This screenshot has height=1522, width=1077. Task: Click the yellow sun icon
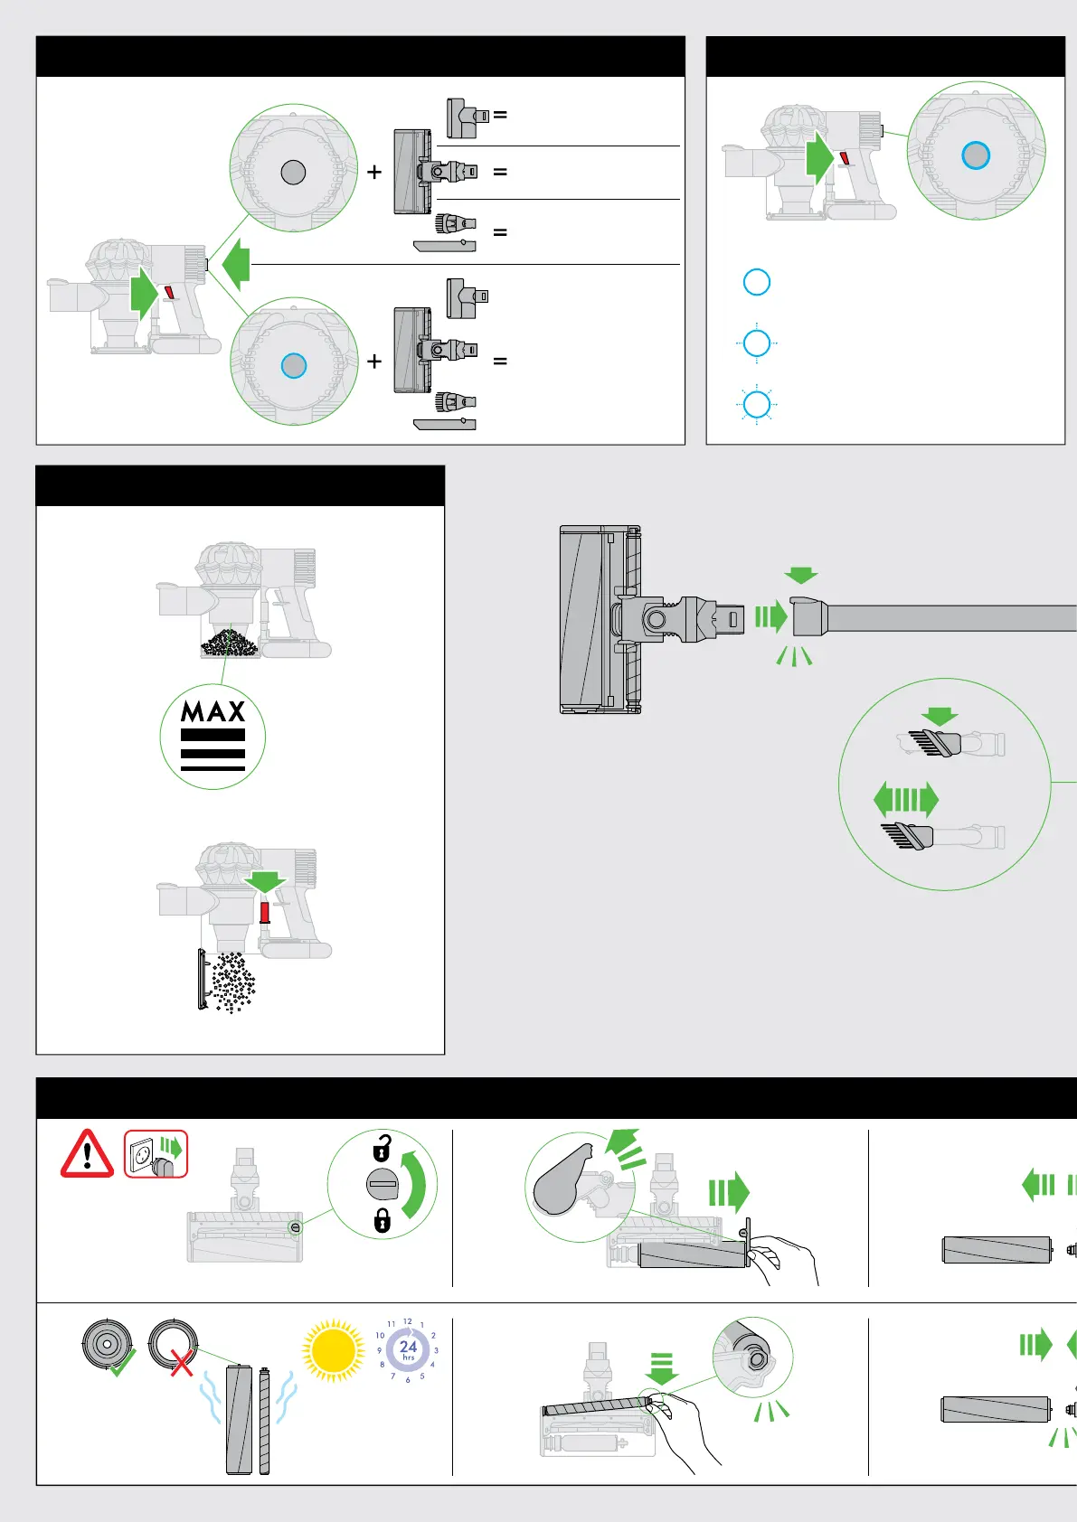[334, 1351]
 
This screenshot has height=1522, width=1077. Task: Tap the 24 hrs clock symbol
[408, 1349]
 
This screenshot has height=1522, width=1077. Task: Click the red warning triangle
[87, 1154]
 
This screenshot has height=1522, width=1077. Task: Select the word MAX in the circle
[213, 711]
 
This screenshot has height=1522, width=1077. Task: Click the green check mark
[120, 1362]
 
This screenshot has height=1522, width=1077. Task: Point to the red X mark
[182, 1363]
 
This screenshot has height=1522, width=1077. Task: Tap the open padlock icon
[382, 1149]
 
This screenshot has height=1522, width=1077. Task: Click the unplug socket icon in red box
[156, 1154]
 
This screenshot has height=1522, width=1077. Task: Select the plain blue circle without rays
[756, 282]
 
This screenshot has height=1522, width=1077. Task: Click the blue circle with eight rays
[756, 404]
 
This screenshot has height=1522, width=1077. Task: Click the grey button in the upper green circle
[293, 172]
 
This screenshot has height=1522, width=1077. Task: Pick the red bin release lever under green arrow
[264, 910]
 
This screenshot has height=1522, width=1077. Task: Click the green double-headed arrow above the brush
[906, 800]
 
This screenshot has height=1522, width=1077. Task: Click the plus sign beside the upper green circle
[374, 172]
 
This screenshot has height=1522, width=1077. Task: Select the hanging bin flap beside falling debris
[202, 979]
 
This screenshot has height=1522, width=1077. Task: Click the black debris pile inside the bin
[229, 644]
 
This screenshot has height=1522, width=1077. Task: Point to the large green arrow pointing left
[236, 264]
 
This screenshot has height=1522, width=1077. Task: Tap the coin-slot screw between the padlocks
[383, 1184]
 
